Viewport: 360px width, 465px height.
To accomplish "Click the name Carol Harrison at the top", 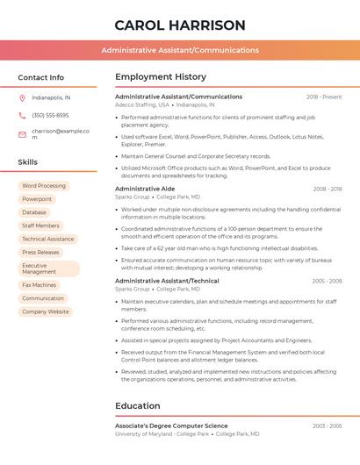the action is point(180,25).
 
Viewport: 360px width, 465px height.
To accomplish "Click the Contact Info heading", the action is point(40,77).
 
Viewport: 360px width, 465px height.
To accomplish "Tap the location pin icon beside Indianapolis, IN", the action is point(22,98).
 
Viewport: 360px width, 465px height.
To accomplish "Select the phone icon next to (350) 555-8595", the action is point(22,115).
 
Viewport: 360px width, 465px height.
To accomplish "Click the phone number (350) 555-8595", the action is point(50,115).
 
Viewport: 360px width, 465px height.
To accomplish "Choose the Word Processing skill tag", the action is point(44,186).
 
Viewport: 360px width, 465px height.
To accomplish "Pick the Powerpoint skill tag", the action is point(37,199).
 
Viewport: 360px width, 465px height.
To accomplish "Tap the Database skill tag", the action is point(34,212).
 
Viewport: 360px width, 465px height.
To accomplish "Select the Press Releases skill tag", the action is point(40,252).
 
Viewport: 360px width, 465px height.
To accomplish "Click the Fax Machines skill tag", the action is point(39,285).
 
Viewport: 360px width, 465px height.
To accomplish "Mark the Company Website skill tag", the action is point(46,311).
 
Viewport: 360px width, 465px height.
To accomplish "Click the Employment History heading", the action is point(161,77).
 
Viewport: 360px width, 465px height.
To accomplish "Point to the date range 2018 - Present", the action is point(324,97).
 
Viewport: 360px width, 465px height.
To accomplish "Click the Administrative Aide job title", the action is point(145,189).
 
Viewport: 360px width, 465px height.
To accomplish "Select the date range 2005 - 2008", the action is point(327,281).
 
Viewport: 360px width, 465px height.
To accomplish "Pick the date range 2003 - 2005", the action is point(327,426).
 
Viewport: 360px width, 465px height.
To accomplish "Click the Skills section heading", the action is point(27,162).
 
